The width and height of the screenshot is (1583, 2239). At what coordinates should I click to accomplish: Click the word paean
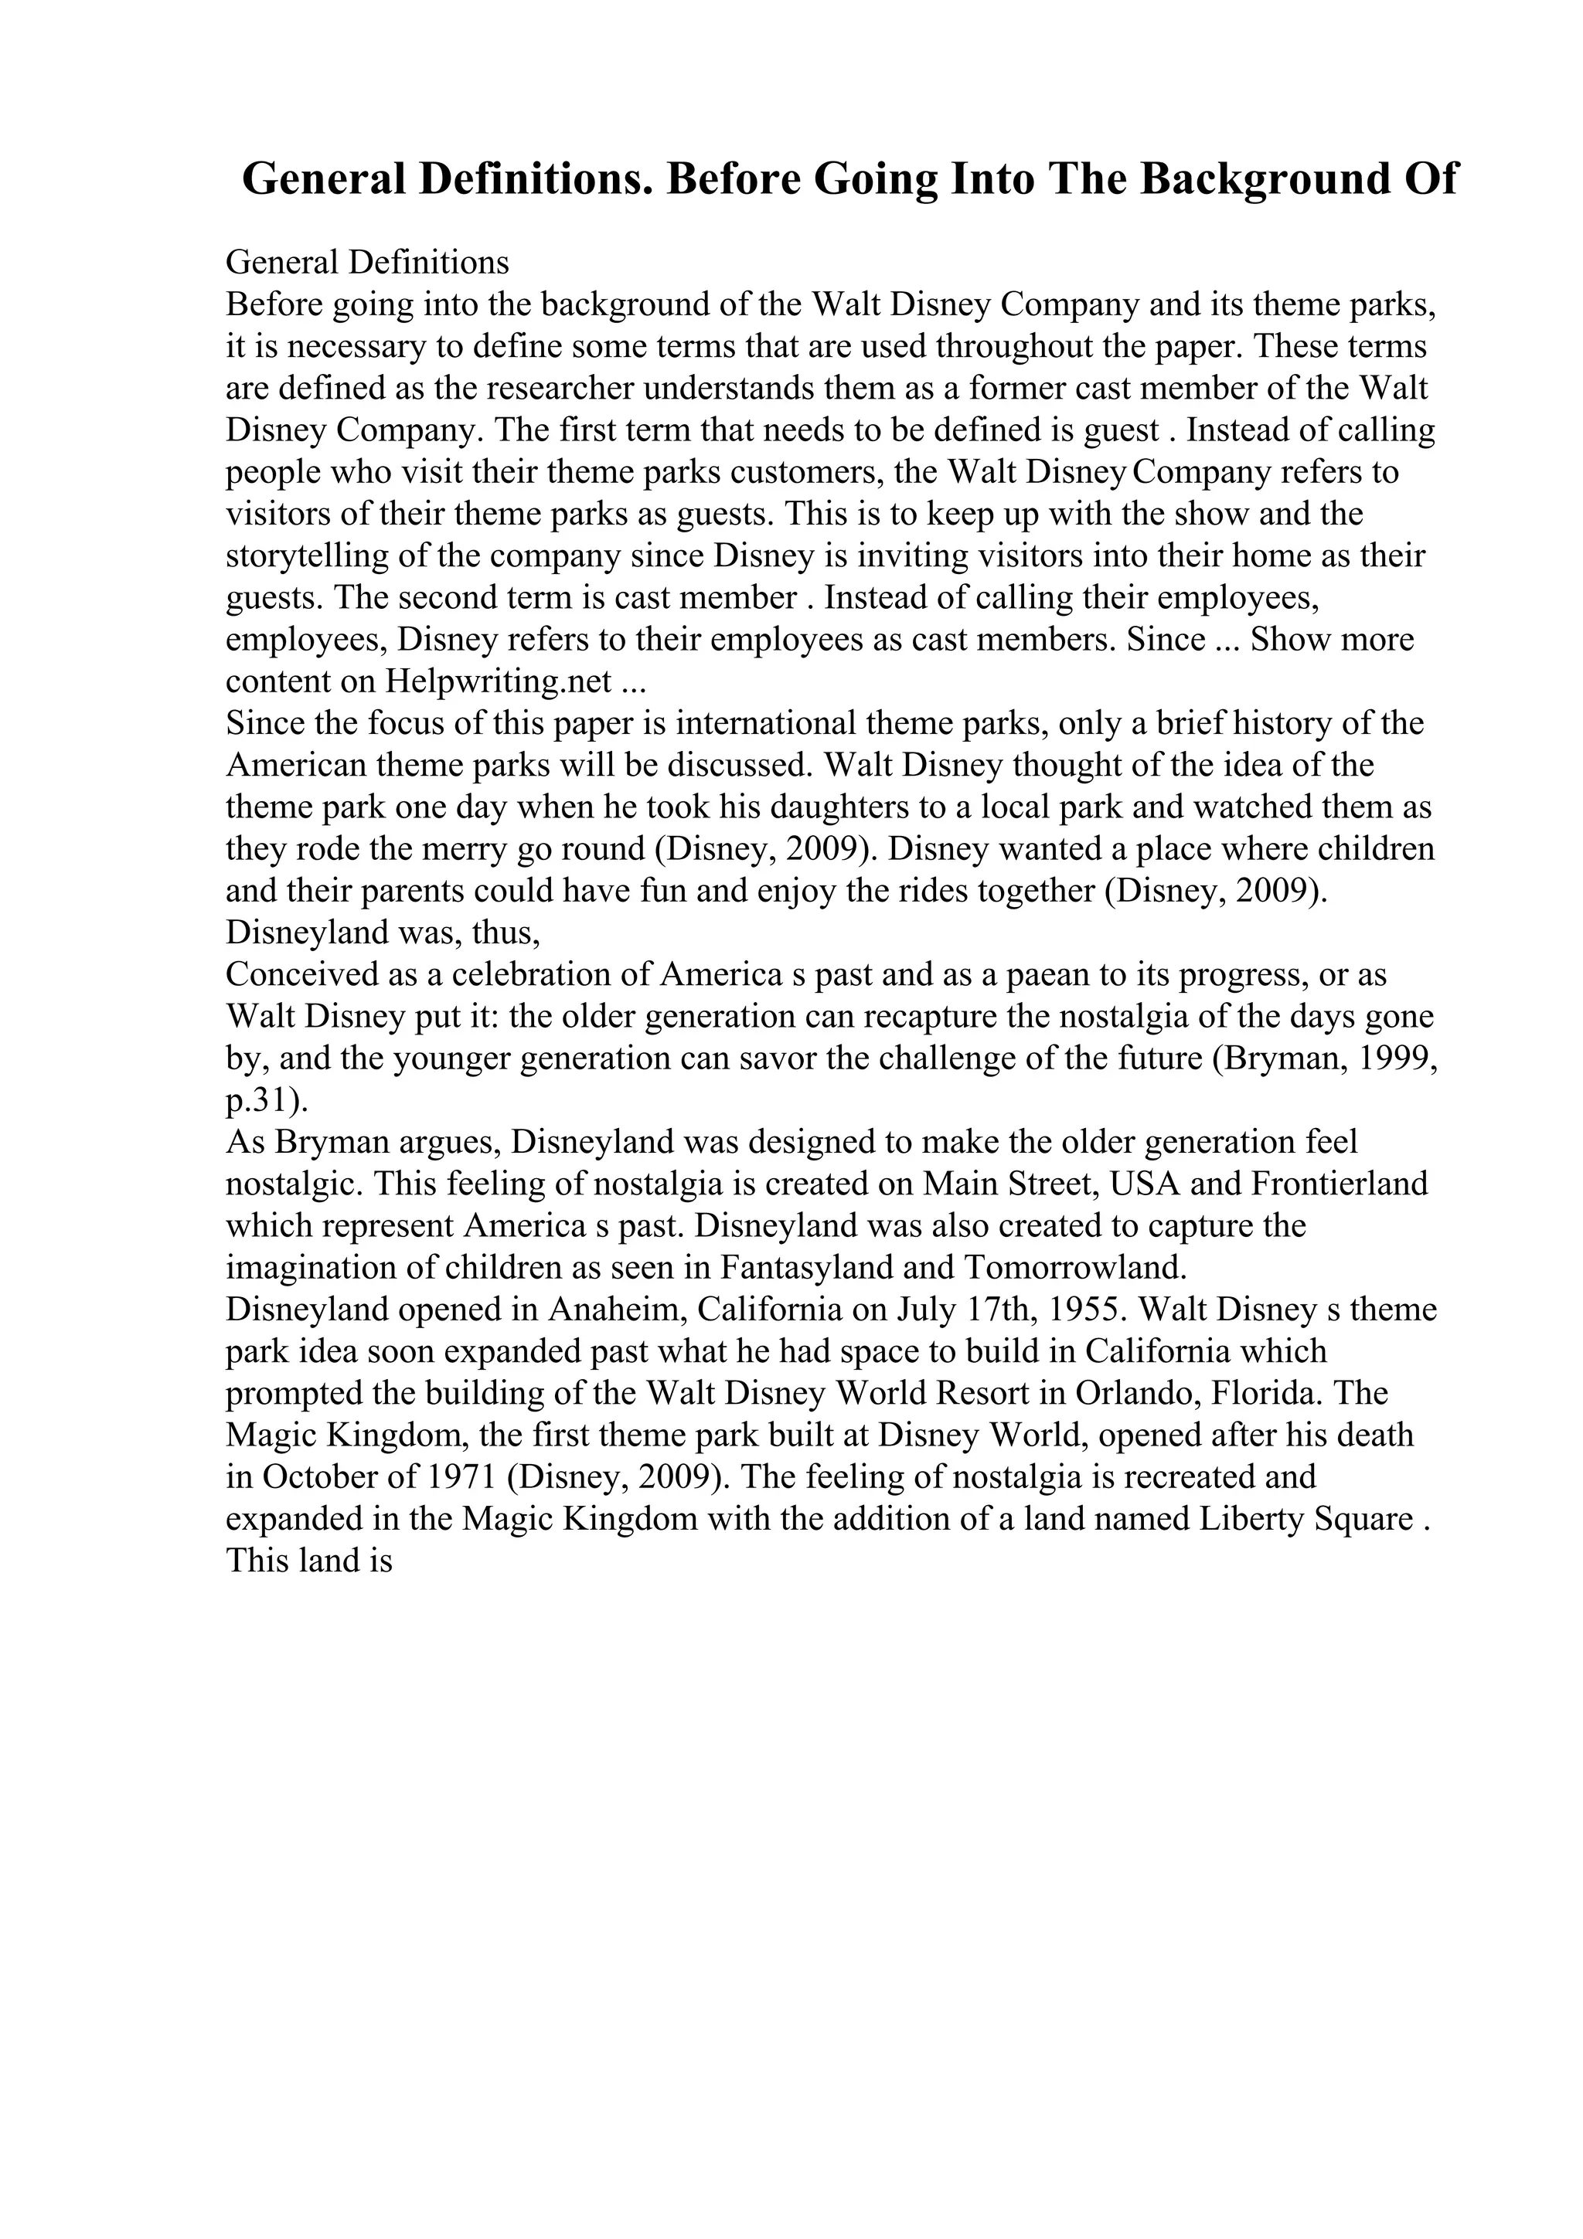click(1032, 974)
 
